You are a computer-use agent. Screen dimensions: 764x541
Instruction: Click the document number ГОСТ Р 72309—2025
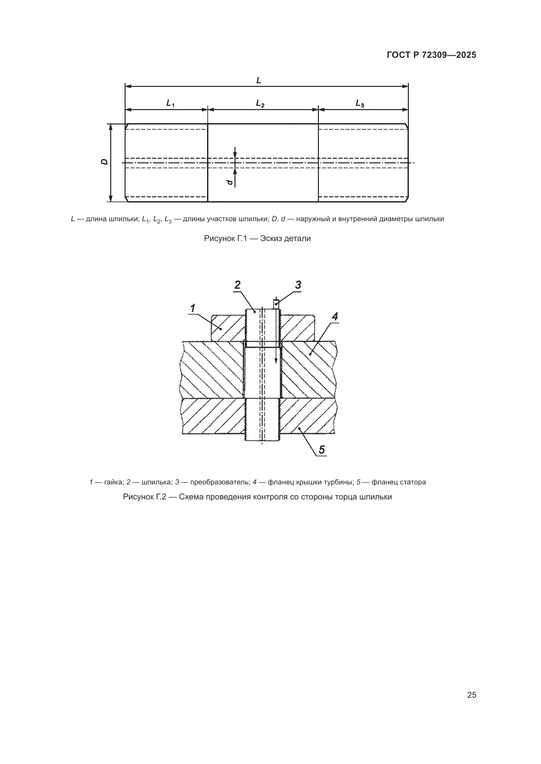[x=431, y=55]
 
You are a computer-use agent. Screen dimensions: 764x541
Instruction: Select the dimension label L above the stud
[x=258, y=80]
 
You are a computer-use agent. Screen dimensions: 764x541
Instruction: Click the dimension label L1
[x=170, y=104]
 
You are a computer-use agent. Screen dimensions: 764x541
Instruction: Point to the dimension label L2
[x=260, y=104]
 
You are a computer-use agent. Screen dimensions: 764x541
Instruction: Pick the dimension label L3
[x=360, y=104]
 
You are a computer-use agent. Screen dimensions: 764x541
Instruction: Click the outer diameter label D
[x=105, y=162]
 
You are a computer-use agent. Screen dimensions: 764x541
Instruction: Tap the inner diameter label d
[x=229, y=182]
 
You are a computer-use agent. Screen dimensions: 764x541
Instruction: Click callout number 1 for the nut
[x=192, y=308]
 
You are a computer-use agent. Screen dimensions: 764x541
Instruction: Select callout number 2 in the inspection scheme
[x=237, y=285]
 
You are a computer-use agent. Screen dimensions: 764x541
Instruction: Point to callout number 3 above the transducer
[x=298, y=285]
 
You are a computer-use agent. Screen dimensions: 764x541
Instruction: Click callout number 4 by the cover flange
[x=335, y=317]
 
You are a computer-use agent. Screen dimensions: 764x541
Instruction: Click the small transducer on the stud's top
[x=276, y=303]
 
